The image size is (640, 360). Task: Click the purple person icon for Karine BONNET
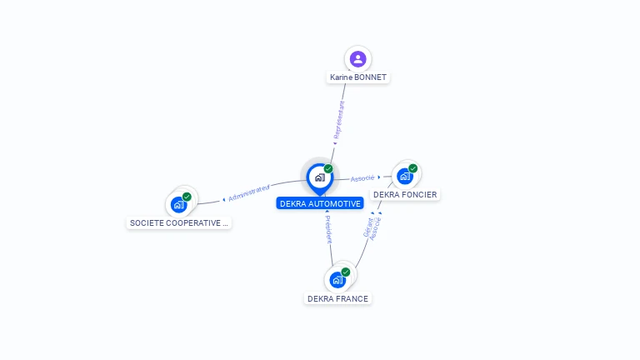coord(357,58)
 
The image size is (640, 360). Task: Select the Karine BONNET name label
coord(358,77)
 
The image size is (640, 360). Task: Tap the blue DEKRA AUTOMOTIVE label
coord(320,203)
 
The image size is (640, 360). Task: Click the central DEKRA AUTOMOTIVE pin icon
coord(319,177)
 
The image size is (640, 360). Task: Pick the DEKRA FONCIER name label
coord(405,195)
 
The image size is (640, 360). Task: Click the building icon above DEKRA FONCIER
coord(405,176)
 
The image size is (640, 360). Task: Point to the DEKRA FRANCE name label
coord(337,298)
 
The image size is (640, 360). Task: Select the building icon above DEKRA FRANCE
coord(337,280)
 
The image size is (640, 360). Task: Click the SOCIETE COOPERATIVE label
coord(178,222)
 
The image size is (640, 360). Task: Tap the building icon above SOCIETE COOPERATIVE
coord(178,204)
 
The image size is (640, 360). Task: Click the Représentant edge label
coord(338,121)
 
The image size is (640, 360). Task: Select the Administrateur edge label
coord(248,193)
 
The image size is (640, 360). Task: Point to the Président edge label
coord(328,227)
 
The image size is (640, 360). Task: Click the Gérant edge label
coord(367,227)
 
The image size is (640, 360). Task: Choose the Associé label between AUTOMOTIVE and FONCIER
coord(362,177)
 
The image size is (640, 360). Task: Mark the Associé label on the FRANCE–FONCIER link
coord(376,228)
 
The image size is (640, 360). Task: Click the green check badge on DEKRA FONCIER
coord(412,168)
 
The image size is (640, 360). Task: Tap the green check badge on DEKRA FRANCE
coord(345,272)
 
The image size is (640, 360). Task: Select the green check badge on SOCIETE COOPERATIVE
coord(187,197)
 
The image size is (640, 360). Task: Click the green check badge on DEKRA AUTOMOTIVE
coord(328,169)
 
